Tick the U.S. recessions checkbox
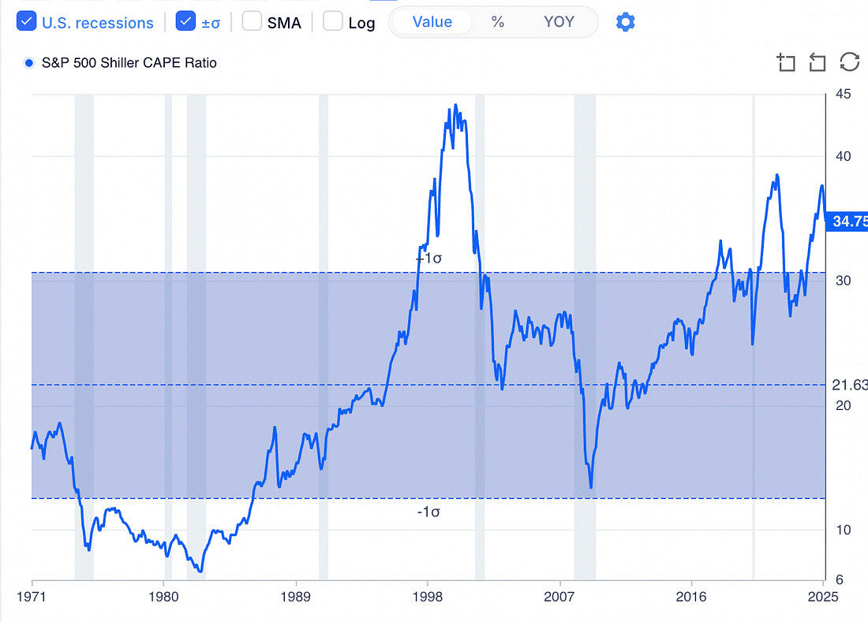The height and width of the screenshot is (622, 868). coord(26,21)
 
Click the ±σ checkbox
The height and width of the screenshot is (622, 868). coord(185,21)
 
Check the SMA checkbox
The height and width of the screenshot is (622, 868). coord(252,21)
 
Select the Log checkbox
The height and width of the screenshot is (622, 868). coord(333,21)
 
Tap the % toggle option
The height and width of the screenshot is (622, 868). coord(497,21)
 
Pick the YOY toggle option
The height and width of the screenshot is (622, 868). coord(559,21)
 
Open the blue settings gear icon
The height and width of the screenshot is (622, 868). coord(625,21)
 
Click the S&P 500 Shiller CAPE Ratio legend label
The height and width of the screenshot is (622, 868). coord(129,62)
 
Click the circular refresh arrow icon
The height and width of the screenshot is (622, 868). coord(849,62)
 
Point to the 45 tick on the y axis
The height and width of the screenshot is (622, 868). coord(843,95)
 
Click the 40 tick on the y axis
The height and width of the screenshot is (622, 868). coord(843,156)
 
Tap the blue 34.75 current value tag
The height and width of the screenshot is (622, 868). coord(846,222)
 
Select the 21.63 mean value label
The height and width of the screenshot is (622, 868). coord(850,385)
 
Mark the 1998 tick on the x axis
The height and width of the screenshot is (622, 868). coord(427,595)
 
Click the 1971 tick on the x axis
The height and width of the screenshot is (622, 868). coord(32,595)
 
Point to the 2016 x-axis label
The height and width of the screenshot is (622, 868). coord(691,595)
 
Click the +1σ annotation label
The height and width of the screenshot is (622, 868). coord(428,258)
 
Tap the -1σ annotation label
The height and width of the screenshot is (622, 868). coord(428,512)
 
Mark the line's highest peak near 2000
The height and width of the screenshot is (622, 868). coord(455,105)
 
